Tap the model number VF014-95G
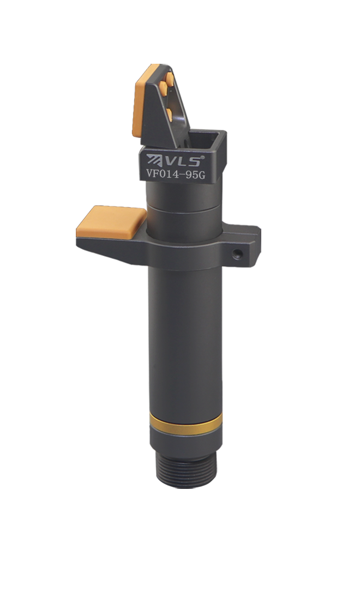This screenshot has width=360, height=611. point(176,174)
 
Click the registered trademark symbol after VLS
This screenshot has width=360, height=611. point(202,156)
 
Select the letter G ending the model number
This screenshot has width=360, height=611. point(201,175)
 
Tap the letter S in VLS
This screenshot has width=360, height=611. point(195,161)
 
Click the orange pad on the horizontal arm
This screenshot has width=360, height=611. point(112,221)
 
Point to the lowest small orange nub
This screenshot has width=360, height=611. point(169,113)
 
